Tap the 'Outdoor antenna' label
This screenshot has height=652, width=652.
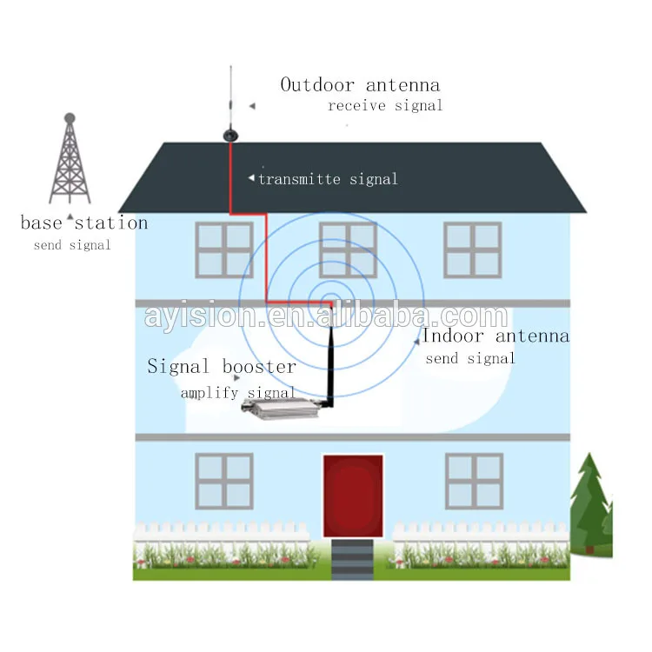360,84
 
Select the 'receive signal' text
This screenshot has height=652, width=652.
385,105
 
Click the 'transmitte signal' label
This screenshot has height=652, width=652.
328,179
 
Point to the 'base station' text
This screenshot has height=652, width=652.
84,223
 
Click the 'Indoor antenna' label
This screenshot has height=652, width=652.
496,336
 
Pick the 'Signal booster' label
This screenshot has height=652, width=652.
222,366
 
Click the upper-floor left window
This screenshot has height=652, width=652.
224,249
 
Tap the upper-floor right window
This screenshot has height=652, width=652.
473,249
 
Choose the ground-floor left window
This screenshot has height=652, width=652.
224,481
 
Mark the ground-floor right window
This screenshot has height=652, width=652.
474,481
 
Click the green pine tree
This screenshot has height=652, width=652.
591,504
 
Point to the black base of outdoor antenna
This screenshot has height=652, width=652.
230,135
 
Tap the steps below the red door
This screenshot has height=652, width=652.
353,559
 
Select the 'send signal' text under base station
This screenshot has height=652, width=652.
72,245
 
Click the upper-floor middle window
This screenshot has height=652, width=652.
349,249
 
